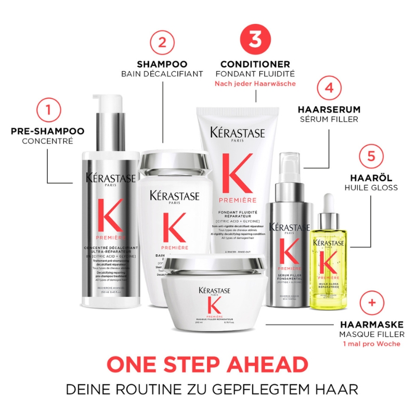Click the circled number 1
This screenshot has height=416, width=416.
[x=48, y=110]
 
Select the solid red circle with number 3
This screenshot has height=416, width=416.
[x=255, y=39]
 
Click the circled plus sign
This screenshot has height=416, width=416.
[x=371, y=302]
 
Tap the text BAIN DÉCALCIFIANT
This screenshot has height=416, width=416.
[x=162, y=74]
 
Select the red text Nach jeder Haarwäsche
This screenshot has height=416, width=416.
[x=255, y=84]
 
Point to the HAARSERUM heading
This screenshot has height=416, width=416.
[x=328, y=110]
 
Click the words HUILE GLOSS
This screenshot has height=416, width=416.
[x=371, y=187]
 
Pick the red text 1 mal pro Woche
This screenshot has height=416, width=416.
[x=371, y=344]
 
